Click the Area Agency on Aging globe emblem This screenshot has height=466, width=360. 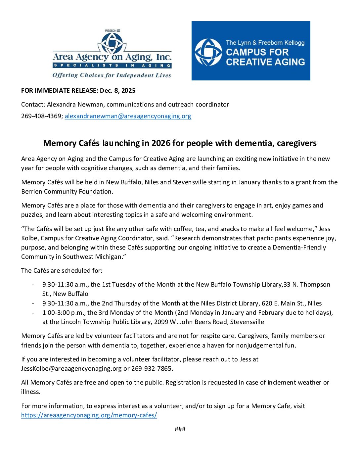tap(112, 43)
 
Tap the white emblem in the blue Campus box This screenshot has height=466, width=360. tap(208, 52)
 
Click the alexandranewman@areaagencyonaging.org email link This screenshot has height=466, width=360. tap(128, 116)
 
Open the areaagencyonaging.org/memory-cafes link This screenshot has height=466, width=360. tap(89, 415)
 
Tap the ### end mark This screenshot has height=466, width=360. tap(180, 429)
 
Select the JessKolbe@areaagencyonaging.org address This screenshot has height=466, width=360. tap(71, 368)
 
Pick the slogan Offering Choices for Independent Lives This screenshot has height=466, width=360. tap(112, 75)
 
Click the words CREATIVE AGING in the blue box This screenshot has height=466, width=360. tap(265, 62)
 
